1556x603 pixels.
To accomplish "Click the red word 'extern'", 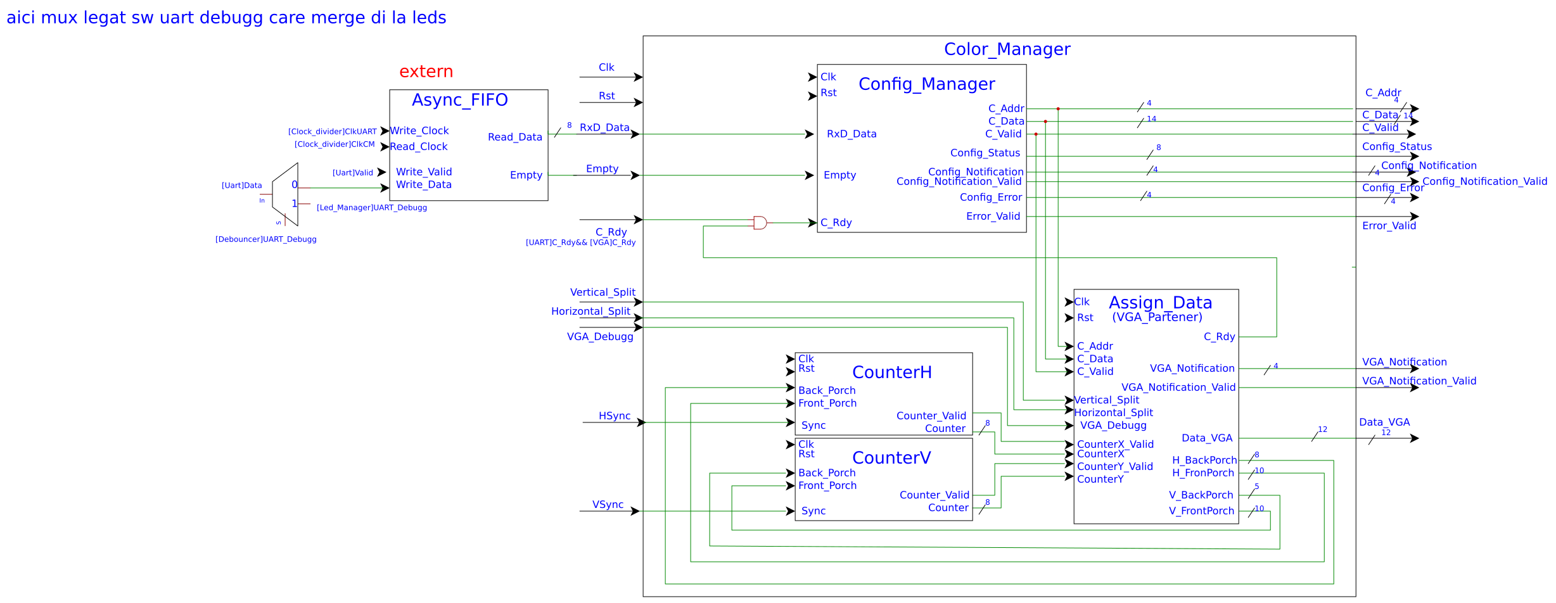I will pos(426,72).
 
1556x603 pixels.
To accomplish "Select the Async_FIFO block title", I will pos(459,100).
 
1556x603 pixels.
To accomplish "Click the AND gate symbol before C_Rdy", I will pos(760,223).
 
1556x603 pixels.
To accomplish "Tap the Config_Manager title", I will pos(926,84).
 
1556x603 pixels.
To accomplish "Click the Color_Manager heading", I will pos(1007,49).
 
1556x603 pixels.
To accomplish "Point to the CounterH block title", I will pos(891,372).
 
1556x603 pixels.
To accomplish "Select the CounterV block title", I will pos(891,458).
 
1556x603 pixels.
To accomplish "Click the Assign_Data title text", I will pos(1160,303).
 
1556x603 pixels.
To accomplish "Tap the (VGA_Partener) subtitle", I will pos(1157,317).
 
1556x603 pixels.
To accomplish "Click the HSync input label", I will pos(614,416).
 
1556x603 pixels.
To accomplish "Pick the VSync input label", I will pos(608,505).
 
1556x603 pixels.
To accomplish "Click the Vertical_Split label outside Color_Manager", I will pos(602,293).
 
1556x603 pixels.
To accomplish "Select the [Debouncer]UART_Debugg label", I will pos(265,239).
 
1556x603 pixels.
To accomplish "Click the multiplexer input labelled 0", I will pos(294,185).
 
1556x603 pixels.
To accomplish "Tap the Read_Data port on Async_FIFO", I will pos(514,137).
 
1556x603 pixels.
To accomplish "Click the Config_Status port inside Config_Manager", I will pos(985,153).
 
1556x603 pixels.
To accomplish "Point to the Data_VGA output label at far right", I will pos(1384,422).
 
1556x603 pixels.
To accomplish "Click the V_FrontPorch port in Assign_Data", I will pos(1201,511).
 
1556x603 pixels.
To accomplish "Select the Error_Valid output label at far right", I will pos(1388,226).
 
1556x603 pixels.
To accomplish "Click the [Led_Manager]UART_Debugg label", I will pos(371,208).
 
